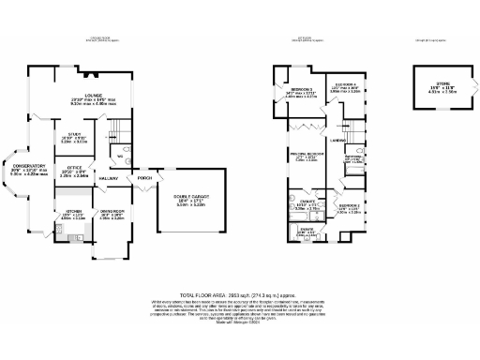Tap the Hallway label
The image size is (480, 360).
(109, 175)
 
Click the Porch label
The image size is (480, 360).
(144, 176)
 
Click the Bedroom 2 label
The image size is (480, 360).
(349, 206)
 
